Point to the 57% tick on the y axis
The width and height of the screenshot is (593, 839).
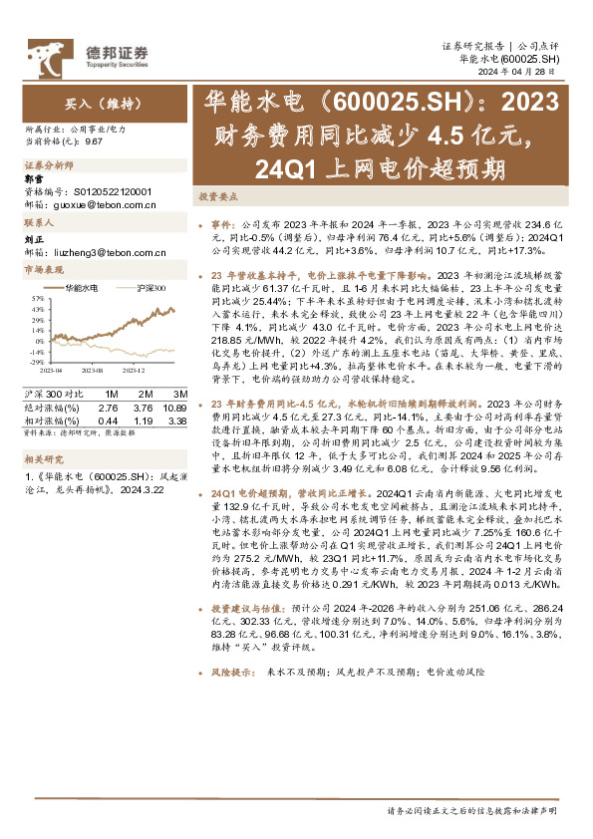[35, 298]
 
